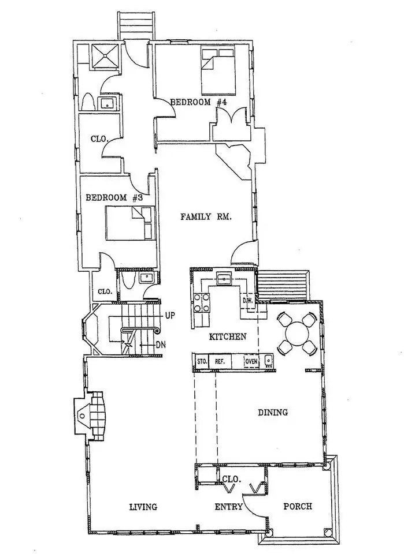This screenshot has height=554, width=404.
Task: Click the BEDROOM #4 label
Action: coord(198,103)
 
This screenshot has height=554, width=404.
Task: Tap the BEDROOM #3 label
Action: coord(114,197)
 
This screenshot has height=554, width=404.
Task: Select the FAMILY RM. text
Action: coord(206,216)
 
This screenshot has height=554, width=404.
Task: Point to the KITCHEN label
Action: coord(228,336)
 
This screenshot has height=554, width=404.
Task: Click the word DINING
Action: coord(273,412)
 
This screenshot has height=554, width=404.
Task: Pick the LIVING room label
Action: coord(143,507)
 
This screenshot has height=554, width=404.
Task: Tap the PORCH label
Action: coord(298,506)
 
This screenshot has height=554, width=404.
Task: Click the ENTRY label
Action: coord(229,507)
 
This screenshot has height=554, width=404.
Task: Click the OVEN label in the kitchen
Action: coord(251,361)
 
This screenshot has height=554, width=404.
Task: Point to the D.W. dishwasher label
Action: coord(247,301)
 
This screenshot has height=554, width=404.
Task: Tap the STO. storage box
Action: coord(202,361)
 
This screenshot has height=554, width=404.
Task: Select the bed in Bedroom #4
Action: coord(218,71)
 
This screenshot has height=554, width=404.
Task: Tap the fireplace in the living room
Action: coord(91,415)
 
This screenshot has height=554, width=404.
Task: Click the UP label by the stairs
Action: coord(170,316)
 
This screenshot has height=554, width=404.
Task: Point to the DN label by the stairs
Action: coord(161,345)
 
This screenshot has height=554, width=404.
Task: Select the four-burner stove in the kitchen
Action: coord(201,302)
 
